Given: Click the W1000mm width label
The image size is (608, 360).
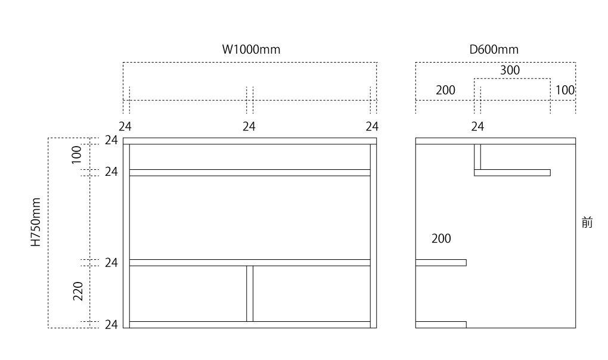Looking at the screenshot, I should [251, 49].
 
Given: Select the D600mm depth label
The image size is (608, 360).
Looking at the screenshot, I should [494, 49].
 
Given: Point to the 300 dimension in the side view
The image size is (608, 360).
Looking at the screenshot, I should [510, 70].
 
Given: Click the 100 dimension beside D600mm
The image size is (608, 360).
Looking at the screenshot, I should [564, 90].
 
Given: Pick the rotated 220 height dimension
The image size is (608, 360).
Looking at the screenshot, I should [78, 291].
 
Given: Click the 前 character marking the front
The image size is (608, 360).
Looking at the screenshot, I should [587, 224].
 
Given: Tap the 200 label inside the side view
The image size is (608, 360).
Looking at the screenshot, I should [441, 239].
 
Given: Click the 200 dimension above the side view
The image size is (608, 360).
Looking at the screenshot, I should [445, 90].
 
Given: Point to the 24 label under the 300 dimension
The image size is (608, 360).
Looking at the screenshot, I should [477, 126].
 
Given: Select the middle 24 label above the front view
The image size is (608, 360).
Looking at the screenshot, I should [249, 126].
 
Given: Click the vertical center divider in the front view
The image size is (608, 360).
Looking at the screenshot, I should [250, 293].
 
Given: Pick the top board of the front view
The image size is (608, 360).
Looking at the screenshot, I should [250, 141].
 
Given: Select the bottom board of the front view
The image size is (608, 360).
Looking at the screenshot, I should [250, 325].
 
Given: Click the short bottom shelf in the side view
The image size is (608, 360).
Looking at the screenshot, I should [441, 325].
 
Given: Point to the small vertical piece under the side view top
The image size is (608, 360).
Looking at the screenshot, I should [477, 157].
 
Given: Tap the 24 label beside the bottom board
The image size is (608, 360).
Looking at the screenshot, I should [111, 325].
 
